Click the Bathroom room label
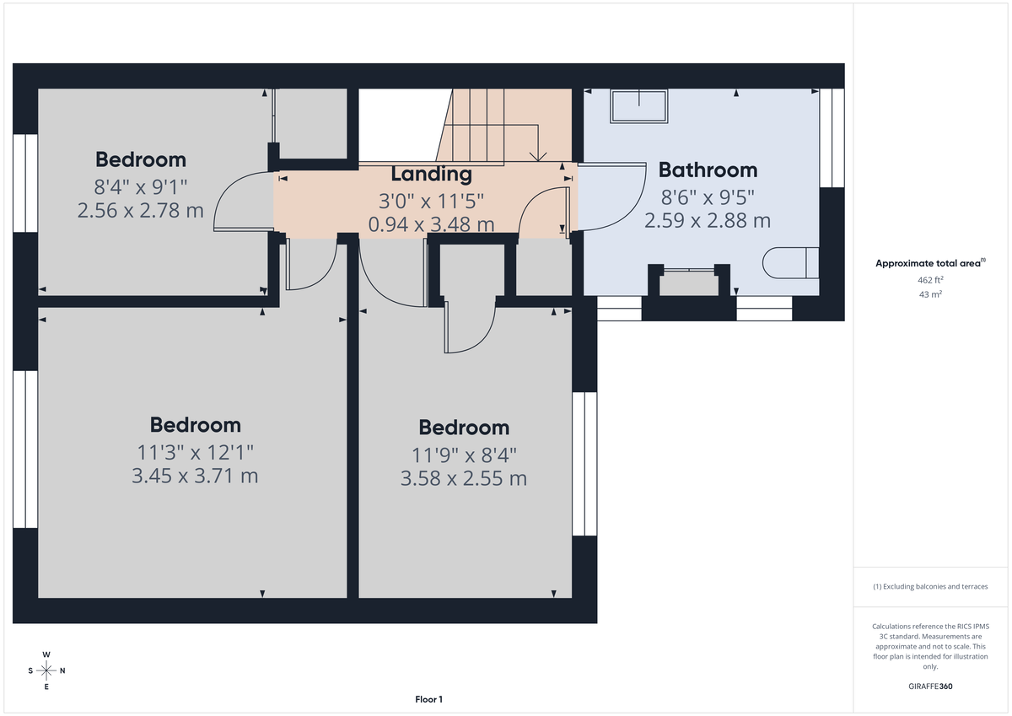(708, 170)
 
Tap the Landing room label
(431, 175)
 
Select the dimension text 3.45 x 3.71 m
(195, 476)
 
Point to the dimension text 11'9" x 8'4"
(464, 455)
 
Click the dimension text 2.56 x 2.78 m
(140, 211)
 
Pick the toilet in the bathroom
(789, 262)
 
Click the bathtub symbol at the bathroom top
(638, 106)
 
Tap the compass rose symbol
(46, 670)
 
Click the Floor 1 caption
(428, 699)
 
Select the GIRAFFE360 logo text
(930, 686)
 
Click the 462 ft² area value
(930, 279)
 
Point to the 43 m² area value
(930, 294)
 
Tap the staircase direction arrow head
(537, 156)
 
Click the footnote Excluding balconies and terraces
(930, 586)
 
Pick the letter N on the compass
(62, 671)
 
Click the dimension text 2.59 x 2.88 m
(708, 221)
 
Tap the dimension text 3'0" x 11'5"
(431, 202)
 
